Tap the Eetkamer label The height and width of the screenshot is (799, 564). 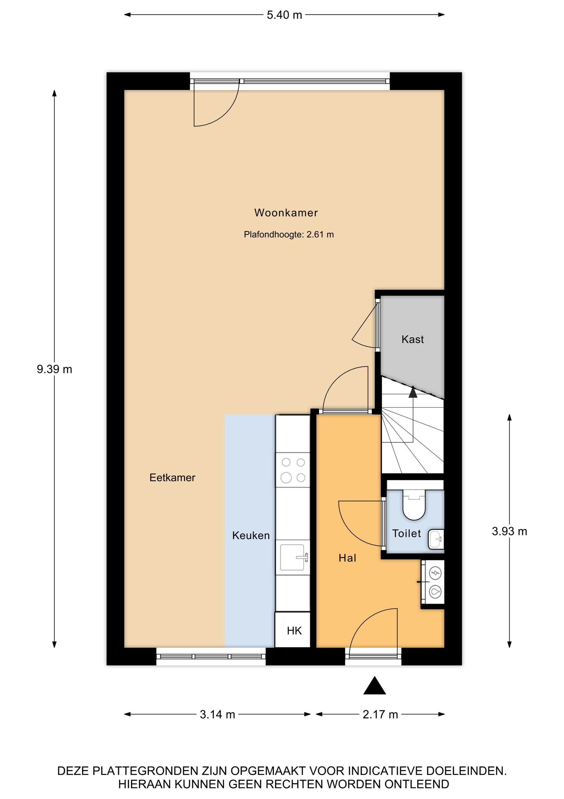(172, 478)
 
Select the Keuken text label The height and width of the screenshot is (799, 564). (251, 535)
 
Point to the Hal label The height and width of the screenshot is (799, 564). (347, 558)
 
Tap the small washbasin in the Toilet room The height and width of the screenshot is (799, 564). (436, 539)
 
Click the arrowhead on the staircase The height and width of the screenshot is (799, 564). (413, 392)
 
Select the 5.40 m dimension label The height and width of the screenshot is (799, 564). (284, 15)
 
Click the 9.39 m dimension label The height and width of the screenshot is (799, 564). (55, 369)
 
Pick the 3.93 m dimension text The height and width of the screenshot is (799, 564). (509, 531)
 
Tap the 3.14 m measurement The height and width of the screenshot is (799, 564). (218, 714)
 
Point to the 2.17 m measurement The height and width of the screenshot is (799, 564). (380, 714)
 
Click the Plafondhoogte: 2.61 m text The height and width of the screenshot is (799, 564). (289, 235)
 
